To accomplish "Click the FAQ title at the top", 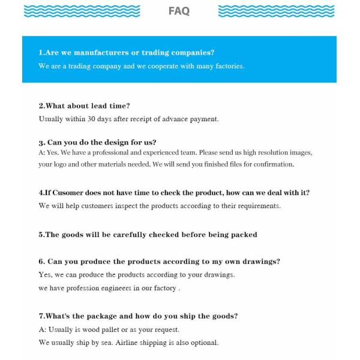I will (x=179, y=11).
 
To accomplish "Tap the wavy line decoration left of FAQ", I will (x=82, y=11).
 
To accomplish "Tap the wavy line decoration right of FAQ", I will (x=276, y=11).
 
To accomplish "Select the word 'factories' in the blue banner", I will (x=227, y=66).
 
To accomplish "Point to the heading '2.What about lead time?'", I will (x=84, y=106).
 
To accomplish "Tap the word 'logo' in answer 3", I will (x=62, y=164).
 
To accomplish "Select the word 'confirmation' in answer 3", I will (x=272, y=164).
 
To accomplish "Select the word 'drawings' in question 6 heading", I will (x=260, y=262).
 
